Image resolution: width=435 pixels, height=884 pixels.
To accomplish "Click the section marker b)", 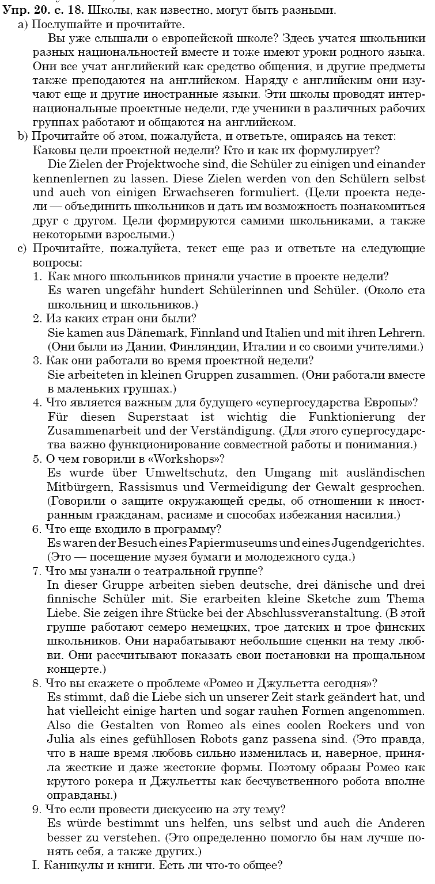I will [23, 136].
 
